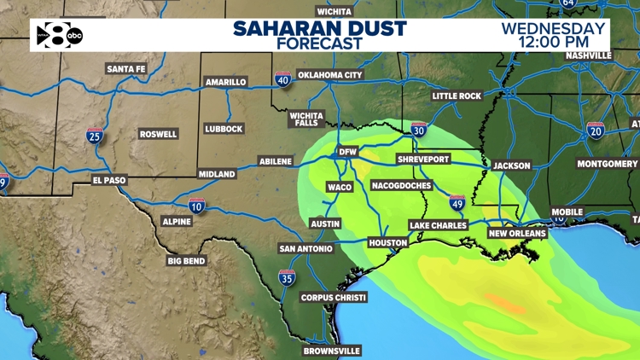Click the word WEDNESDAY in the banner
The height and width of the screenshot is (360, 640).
(553, 27)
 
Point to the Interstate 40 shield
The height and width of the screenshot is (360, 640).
(282, 80)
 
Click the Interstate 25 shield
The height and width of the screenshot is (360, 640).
(95, 135)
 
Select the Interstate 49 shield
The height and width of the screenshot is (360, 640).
(457, 202)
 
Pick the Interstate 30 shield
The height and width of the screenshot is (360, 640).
(418, 130)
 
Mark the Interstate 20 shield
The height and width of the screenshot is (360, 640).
(596, 130)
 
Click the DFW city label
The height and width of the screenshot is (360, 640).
(347, 152)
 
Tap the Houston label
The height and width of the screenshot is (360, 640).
(387, 243)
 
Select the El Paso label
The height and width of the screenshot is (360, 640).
(110, 180)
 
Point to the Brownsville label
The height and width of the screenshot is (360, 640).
(332, 351)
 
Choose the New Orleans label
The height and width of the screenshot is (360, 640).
(516, 233)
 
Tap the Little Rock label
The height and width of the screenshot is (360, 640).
(457, 96)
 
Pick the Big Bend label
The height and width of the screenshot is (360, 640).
(186, 260)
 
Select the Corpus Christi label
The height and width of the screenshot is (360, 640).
(334, 298)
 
